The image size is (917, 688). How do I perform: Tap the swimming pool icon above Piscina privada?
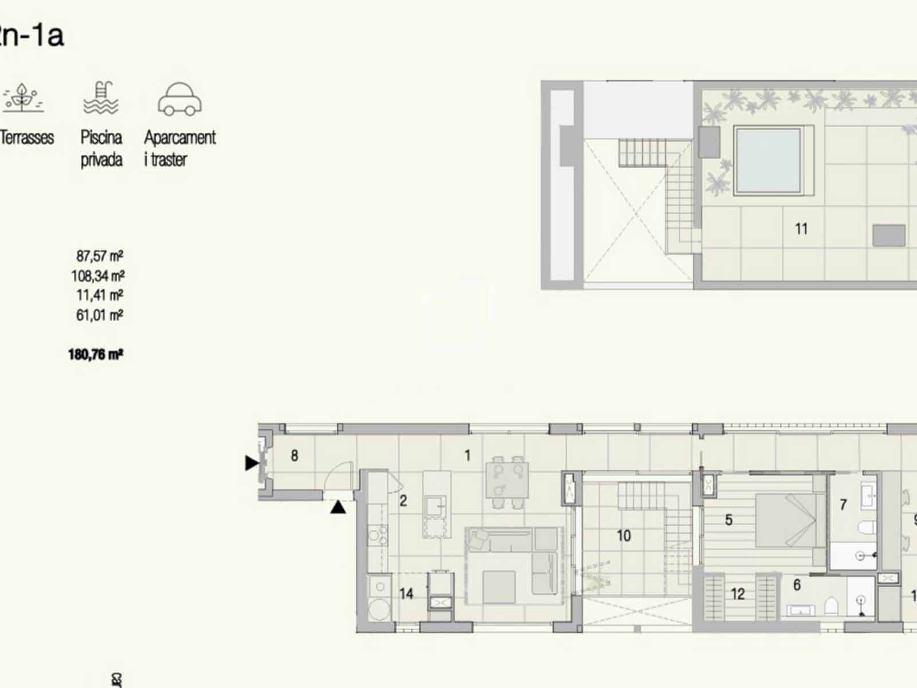(x=101, y=98)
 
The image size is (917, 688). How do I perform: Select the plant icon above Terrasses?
(x=23, y=98)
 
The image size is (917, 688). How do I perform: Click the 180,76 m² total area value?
(x=95, y=354)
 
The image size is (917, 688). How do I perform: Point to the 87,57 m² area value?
(x=99, y=256)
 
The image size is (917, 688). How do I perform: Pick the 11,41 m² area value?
(x=99, y=295)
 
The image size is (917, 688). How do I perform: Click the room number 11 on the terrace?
(x=801, y=229)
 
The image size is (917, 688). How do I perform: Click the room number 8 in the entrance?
(x=294, y=456)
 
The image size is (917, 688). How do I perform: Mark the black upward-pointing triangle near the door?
(x=338, y=507)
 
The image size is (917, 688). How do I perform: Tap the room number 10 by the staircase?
(x=624, y=536)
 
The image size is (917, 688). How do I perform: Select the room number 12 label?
(x=738, y=594)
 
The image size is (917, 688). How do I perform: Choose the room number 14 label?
(x=406, y=594)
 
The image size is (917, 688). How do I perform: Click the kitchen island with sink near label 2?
(x=437, y=505)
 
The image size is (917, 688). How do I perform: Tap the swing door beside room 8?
(x=339, y=476)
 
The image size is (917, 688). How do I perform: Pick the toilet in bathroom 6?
(x=832, y=605)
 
